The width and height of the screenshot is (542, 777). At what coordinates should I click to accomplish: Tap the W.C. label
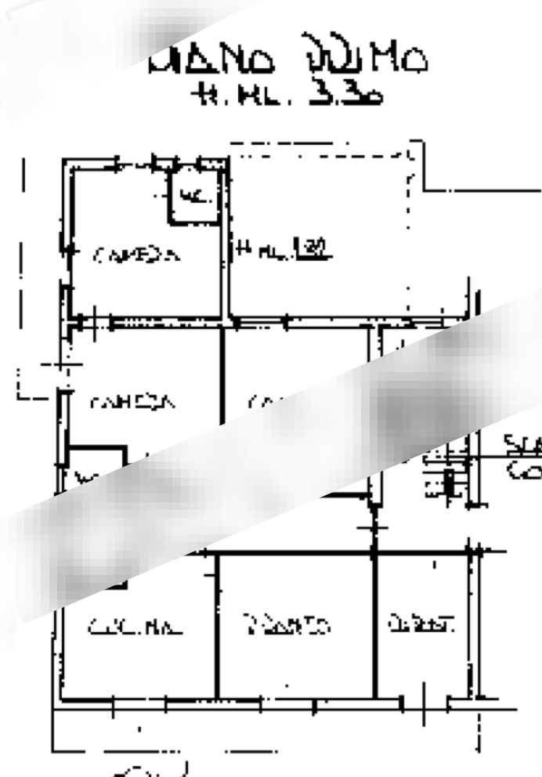[x=196, y=196]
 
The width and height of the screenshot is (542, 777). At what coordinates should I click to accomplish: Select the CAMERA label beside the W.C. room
[x=138, y=255]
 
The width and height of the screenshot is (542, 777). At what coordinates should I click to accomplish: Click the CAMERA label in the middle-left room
[x=132, y=403]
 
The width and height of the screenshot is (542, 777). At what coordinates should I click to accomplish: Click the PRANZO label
[x=285, y=626]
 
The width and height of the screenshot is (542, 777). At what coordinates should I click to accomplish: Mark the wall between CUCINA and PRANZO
[x=217, y=627]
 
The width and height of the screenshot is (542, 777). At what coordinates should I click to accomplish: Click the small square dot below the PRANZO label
[x=287, y=686]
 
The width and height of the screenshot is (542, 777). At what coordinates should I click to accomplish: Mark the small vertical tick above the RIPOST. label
[x=435, y=563]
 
